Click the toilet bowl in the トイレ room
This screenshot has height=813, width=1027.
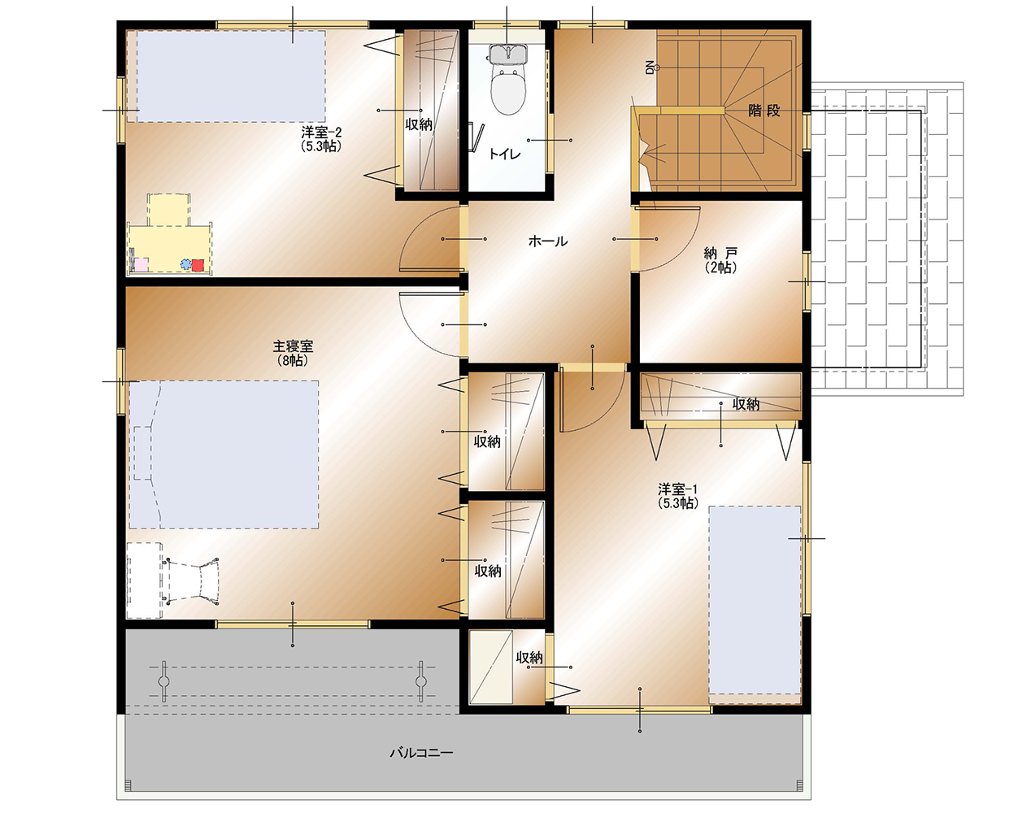click(508, 91)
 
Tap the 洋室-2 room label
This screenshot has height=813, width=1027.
click(321, 133)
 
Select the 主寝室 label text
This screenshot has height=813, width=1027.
click(293, 346)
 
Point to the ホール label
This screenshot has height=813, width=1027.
click(548, 241)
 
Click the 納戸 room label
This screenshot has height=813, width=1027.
click(720, 252)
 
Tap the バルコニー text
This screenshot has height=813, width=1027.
click(421, 754)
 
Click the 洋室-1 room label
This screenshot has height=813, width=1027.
click(677, 489)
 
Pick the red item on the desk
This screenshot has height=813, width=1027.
click(198, 265)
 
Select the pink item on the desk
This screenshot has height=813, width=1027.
click(141, 265)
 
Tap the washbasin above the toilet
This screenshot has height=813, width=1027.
click(508, 54)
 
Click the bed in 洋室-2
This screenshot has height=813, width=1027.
click(231, 76)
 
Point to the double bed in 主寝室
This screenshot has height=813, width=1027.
click(224, 454)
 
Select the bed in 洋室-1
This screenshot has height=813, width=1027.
click(755, 601)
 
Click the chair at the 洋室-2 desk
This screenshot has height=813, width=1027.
click(168, 209)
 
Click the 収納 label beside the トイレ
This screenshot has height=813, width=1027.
click(419, 125)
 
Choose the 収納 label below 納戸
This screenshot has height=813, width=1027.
click(746, 405)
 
